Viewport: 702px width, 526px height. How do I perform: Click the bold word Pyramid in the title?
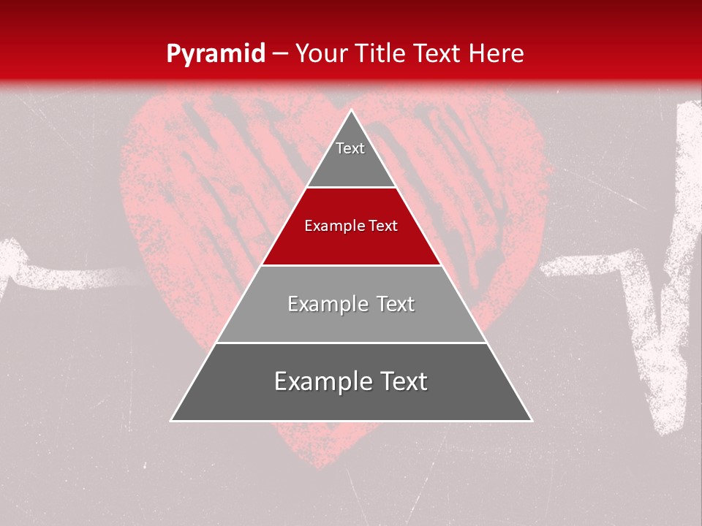click(216, 54)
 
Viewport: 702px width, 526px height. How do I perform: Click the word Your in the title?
click(322, 53)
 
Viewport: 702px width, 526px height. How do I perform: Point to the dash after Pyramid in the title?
click(280, 54)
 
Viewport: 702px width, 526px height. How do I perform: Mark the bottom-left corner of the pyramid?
click(172, 420)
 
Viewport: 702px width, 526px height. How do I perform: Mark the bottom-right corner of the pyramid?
click(532, 420)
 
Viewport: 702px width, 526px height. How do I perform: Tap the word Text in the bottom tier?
click(399, 381)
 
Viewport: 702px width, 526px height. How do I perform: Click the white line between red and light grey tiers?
click(351, 265)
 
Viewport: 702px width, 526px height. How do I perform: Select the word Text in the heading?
click(439, 53)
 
